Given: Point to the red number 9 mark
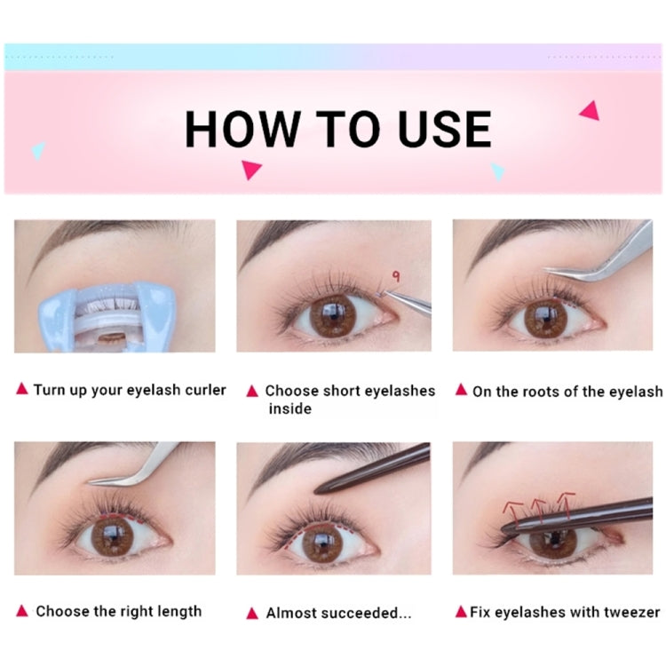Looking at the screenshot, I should (x=395, y=277).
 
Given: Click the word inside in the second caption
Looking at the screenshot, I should (x=289, y=408).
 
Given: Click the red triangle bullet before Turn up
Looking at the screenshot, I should (x=21, y=389).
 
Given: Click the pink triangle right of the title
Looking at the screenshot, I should (x=589, y=110).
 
